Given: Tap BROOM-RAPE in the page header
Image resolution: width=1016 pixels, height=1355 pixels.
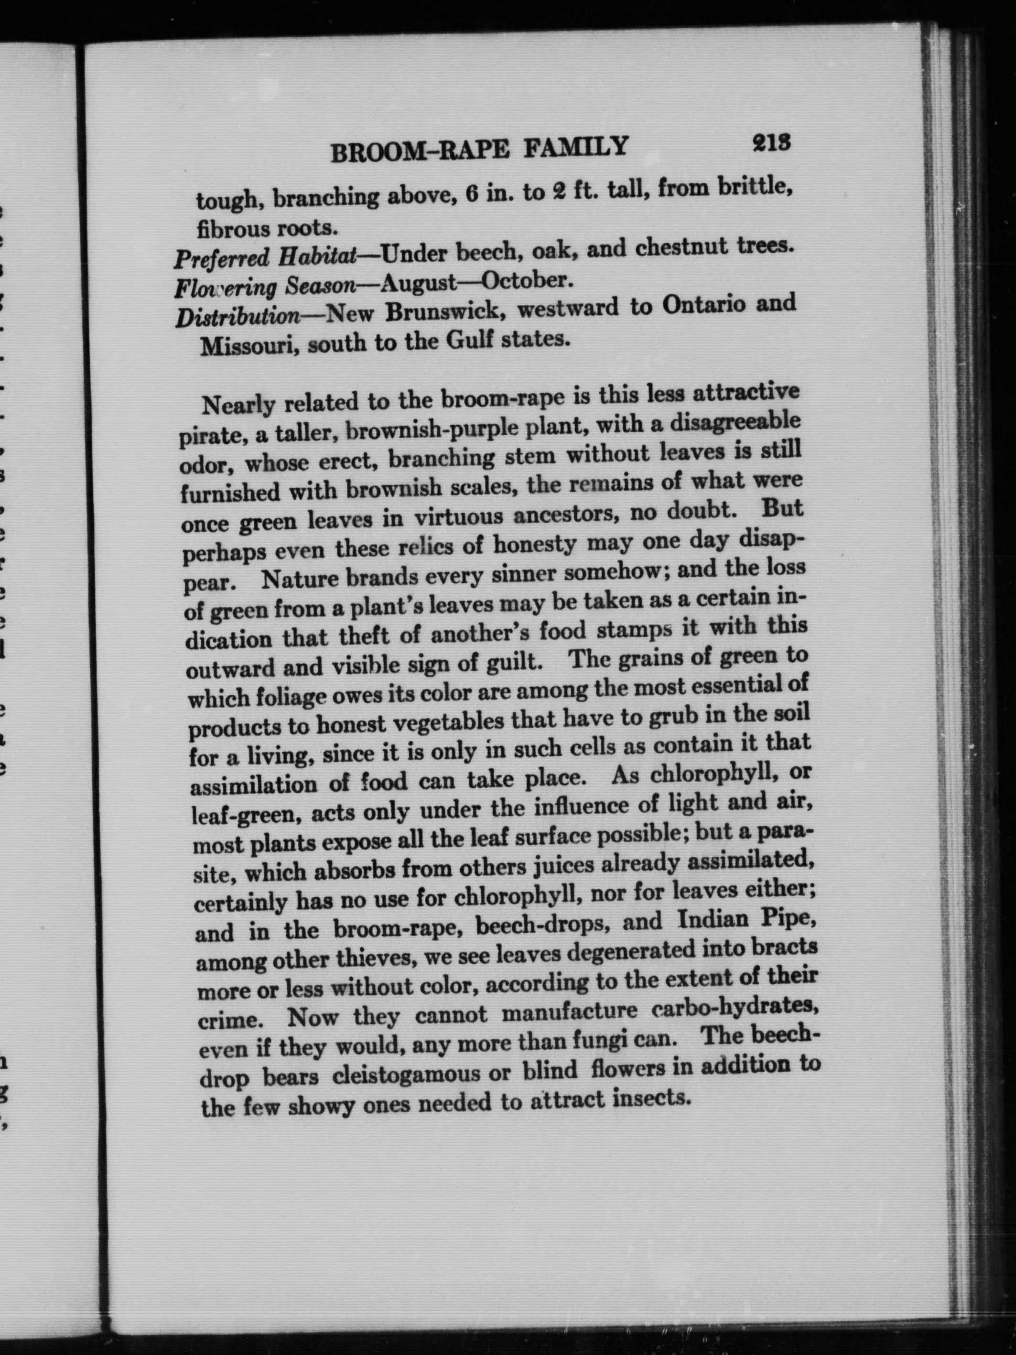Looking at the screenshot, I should (x=423, y=150).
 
